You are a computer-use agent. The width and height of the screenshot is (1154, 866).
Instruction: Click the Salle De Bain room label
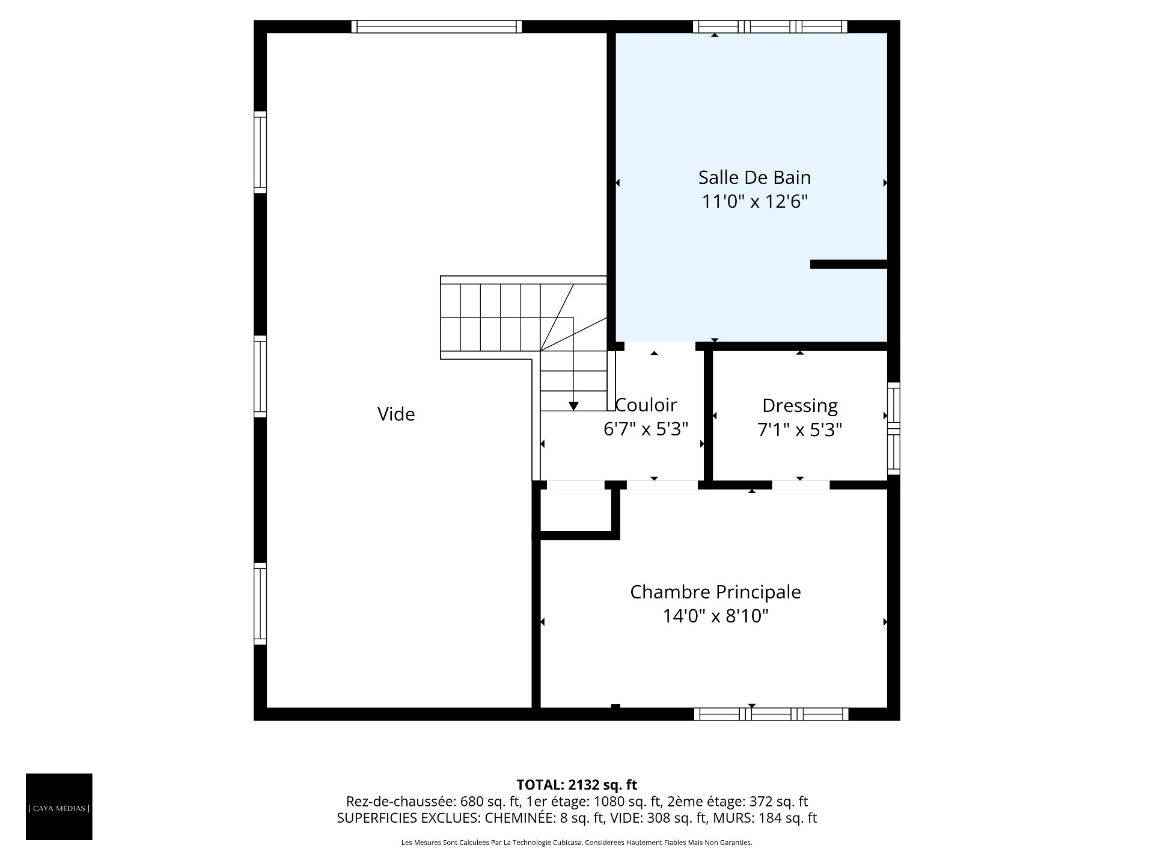(754, 177)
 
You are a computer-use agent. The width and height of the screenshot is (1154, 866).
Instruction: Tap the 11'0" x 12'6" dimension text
(754, 201)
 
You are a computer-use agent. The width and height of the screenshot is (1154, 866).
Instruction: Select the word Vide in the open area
(396, 414)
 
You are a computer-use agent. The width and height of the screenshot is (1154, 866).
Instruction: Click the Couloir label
(646, 404)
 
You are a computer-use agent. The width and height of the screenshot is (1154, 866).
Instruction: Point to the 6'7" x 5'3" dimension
(646, 429)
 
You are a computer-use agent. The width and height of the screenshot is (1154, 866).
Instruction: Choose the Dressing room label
(800, 405)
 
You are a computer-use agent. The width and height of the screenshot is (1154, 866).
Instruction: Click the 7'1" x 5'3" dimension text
(800, 429)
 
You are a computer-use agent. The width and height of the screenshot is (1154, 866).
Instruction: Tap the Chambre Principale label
(715, 592)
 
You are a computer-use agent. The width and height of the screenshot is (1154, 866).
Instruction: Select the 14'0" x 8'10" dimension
(716, 616)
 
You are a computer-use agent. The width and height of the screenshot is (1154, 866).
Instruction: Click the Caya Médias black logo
(59, 806)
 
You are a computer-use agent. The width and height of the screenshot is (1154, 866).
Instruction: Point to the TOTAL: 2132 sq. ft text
(577, 785)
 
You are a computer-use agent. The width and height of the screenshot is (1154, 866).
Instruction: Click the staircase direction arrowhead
(573, 406)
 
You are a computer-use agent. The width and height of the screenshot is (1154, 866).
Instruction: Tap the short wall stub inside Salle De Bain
(849, 264)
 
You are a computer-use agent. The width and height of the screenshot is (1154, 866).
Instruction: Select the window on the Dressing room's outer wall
(894, 428)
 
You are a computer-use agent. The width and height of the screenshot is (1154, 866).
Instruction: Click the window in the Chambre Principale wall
(771, 714)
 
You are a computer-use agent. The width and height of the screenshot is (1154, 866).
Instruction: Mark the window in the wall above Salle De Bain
(770, 26)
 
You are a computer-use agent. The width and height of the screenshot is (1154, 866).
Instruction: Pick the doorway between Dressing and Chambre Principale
(801, 485)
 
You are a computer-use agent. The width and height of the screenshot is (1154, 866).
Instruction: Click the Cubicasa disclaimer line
(577, 843)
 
